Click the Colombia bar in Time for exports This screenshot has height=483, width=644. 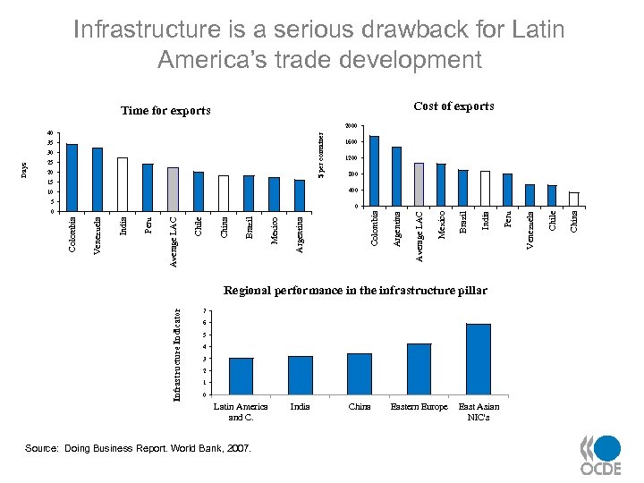[x=72, y=177]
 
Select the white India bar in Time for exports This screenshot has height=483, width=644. [x=123, y=184]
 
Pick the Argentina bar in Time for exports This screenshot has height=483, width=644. [x=300, y=196]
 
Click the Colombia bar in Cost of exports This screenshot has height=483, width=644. [x=374, y=171]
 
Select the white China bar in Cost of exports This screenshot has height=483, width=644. [x=574, y=199]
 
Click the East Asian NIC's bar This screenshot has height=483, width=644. [x=479, y=359]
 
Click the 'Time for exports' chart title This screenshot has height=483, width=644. [x=165, y=111]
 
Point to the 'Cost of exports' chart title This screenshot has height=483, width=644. [x=453, y=106]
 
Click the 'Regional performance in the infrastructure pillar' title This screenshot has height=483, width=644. [x=355, y=291]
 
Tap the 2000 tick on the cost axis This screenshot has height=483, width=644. [x=351, y=126]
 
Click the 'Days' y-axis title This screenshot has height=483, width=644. [x=25, y=168]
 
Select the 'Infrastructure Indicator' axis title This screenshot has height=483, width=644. [x=178, y=354]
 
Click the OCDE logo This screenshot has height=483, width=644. [x=600, y=455]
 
